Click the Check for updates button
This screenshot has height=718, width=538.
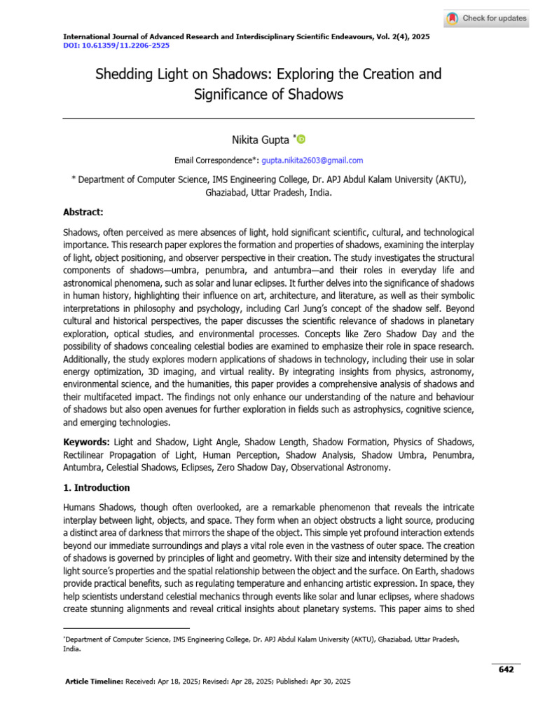(x=487, y=18)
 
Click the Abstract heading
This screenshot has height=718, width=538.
(x=83, y=211)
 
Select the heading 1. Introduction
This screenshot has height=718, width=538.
(x=97, y=487)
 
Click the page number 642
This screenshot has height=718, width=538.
(x=506, y=670)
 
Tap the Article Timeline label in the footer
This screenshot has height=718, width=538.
(x=94, y=681)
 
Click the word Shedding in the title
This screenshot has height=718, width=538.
(x=124, y=74)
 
